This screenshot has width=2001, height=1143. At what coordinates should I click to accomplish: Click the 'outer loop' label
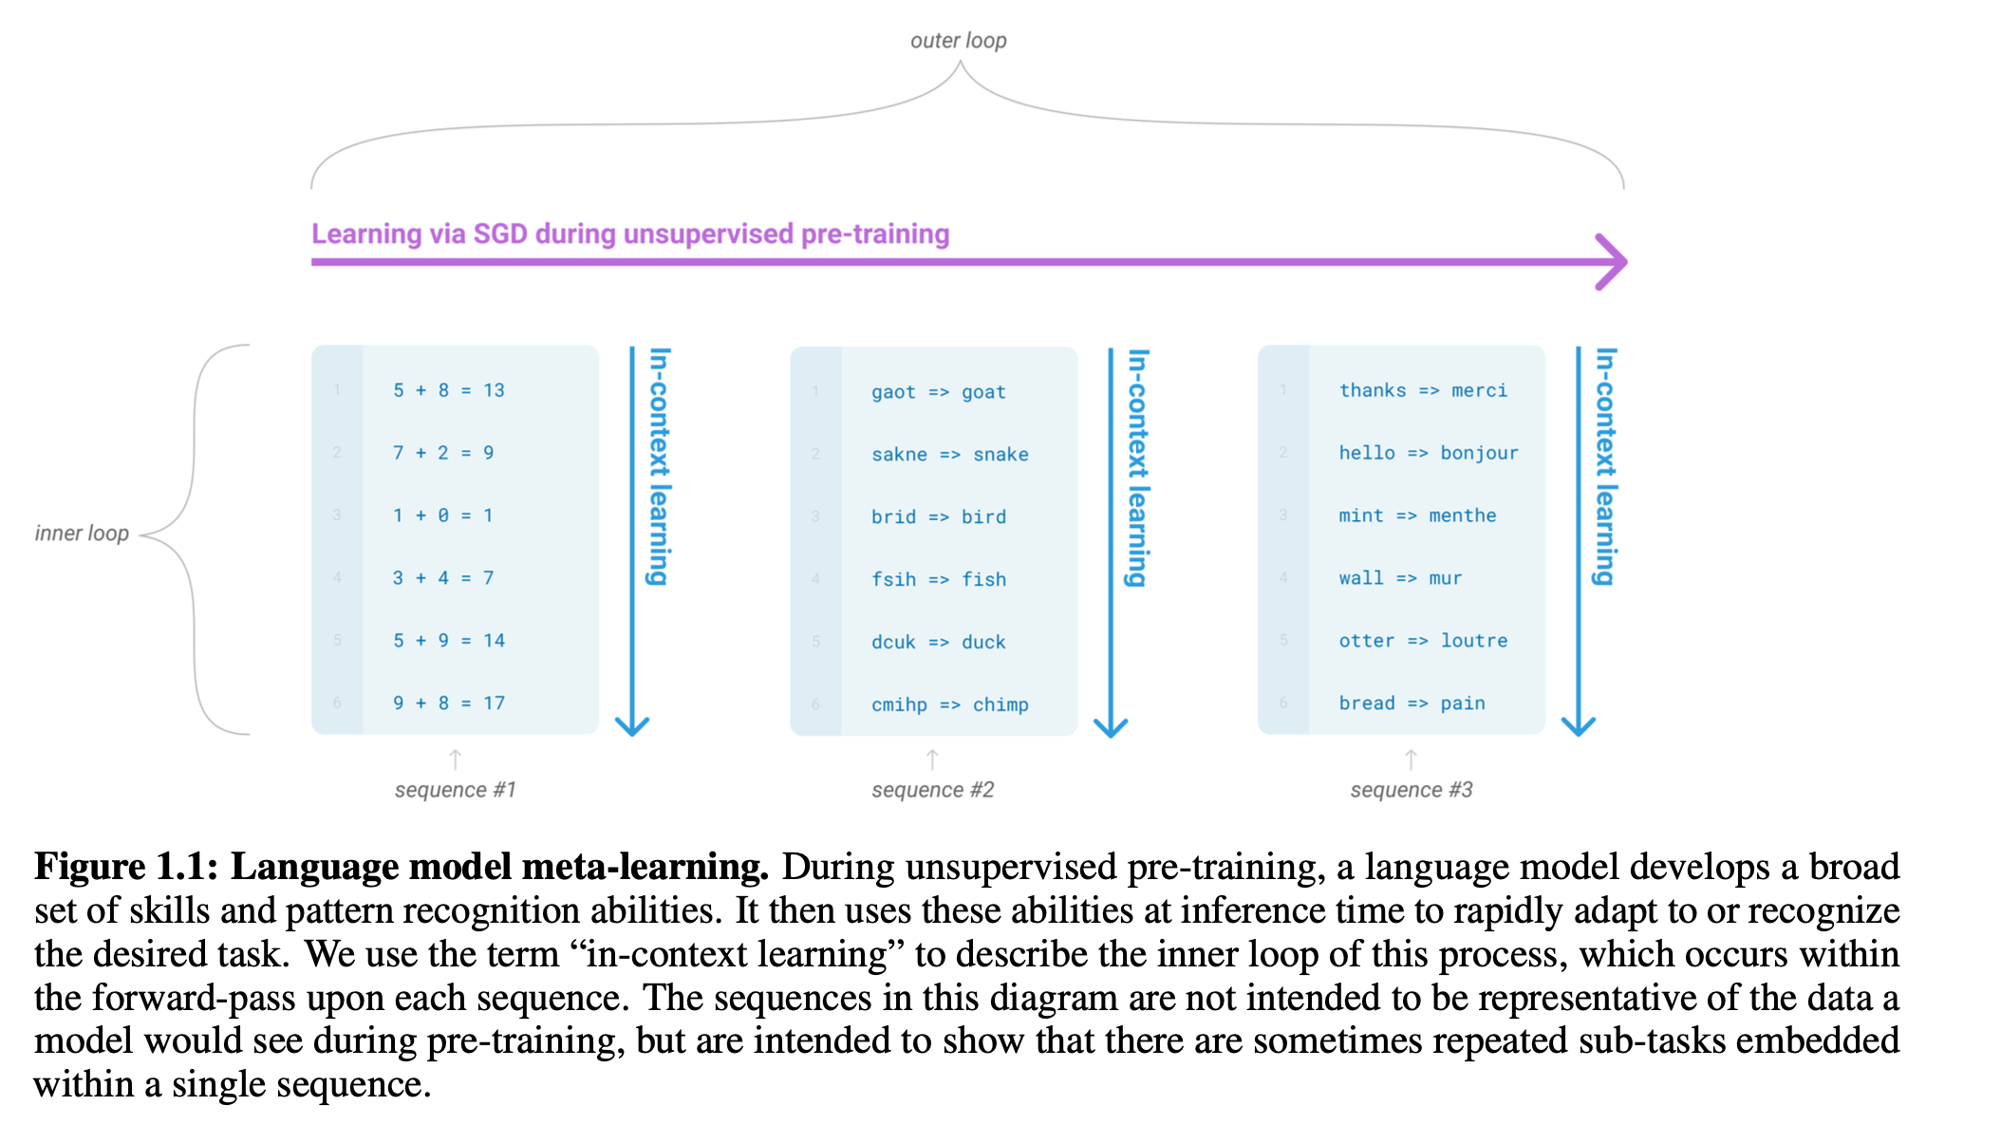coord(958,41)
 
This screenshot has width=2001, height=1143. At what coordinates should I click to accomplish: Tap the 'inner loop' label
coord(82,534)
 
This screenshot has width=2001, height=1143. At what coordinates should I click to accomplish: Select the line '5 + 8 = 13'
coord(448,390)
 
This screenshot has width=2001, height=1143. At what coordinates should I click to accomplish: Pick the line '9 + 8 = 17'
coord(448,703)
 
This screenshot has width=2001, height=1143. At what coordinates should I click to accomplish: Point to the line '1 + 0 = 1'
coord(442,515)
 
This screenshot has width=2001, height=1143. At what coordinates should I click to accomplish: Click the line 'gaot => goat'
coord(938,392)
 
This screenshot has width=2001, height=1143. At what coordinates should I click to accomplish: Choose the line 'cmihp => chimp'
coord(949,704)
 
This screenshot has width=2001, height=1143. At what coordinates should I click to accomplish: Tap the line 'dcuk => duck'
coord(938,643)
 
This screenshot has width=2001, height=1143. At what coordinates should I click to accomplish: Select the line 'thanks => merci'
coord(1422,390)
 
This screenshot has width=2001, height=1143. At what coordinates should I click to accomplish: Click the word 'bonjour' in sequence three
coord(1479,453)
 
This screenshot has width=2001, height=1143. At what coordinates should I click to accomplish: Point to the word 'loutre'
coord(1473,641)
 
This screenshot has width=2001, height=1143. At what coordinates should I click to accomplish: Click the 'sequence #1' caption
coord(455,790)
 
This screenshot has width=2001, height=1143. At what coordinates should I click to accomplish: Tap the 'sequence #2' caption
coord(932,790)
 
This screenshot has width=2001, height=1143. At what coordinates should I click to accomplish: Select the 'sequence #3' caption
coord(1411,790)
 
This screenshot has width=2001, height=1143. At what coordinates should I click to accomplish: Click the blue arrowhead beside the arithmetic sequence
coord(632,726)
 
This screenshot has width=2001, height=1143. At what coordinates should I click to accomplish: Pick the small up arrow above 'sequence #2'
coord(932,759)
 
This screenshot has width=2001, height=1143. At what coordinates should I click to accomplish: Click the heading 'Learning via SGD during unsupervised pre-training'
coord(630,234)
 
